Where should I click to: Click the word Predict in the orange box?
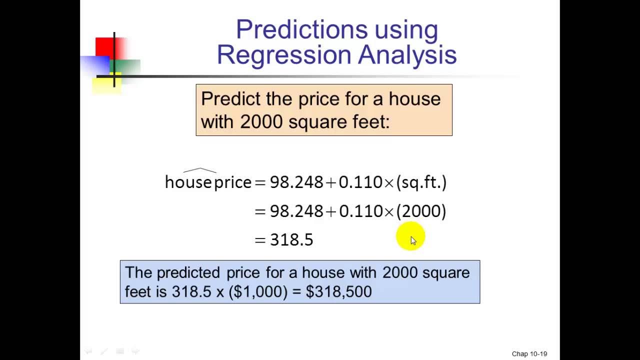[x=230, y=99]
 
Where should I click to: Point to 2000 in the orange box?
[x=261, y=122]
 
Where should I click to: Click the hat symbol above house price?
[x=199, y=171]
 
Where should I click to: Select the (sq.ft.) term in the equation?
[x=421, y=182]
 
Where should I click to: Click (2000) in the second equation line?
[x=421, y=211]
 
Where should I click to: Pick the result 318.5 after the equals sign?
[x=291, y=240]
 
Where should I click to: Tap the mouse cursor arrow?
[x=413, y=240]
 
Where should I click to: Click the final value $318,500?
[x=338, y=292]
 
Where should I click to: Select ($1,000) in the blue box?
[x=258, y=292]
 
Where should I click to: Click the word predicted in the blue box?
[x=188, y=273]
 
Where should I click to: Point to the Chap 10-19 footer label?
[x=529, y=354]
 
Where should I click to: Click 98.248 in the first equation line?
[x=296, y=182]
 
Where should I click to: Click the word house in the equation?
[x=188, y=182]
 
